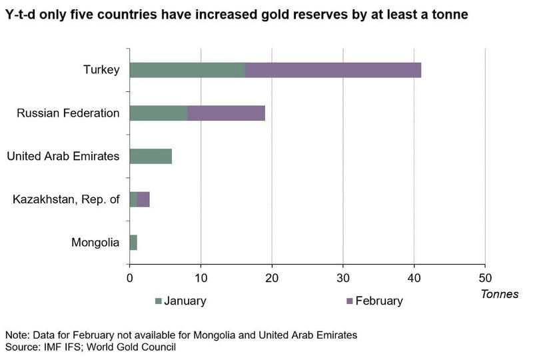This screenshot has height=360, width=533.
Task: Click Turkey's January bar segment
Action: point(187,70)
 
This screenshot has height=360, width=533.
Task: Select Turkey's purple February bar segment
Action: point(333,70)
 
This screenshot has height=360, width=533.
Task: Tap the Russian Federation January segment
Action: point(158,113)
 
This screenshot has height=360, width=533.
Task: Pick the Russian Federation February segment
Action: point(226,113)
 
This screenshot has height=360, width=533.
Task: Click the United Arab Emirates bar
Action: point(151,156)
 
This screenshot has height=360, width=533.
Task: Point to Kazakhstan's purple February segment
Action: point(143,199)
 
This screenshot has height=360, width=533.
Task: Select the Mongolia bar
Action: point(133,243)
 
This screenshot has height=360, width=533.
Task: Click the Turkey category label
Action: point(101,70)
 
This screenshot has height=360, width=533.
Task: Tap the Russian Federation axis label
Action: point(68,113)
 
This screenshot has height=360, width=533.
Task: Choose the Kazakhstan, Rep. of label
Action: point(66,199)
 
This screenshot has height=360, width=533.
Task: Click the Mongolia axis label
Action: point(95,243)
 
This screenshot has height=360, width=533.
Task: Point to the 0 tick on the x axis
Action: point(129,278)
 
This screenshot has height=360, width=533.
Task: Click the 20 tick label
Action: point(272,278)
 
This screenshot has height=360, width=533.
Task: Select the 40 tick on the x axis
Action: point(414,278)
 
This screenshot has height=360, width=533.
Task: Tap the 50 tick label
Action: point(485,278)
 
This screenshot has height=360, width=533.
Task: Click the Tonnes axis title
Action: point(499,294)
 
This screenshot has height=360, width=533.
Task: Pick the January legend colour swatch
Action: point(159,301)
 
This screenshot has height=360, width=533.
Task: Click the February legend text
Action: point(378,301)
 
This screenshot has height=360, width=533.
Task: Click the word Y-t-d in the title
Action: point(21,14)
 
